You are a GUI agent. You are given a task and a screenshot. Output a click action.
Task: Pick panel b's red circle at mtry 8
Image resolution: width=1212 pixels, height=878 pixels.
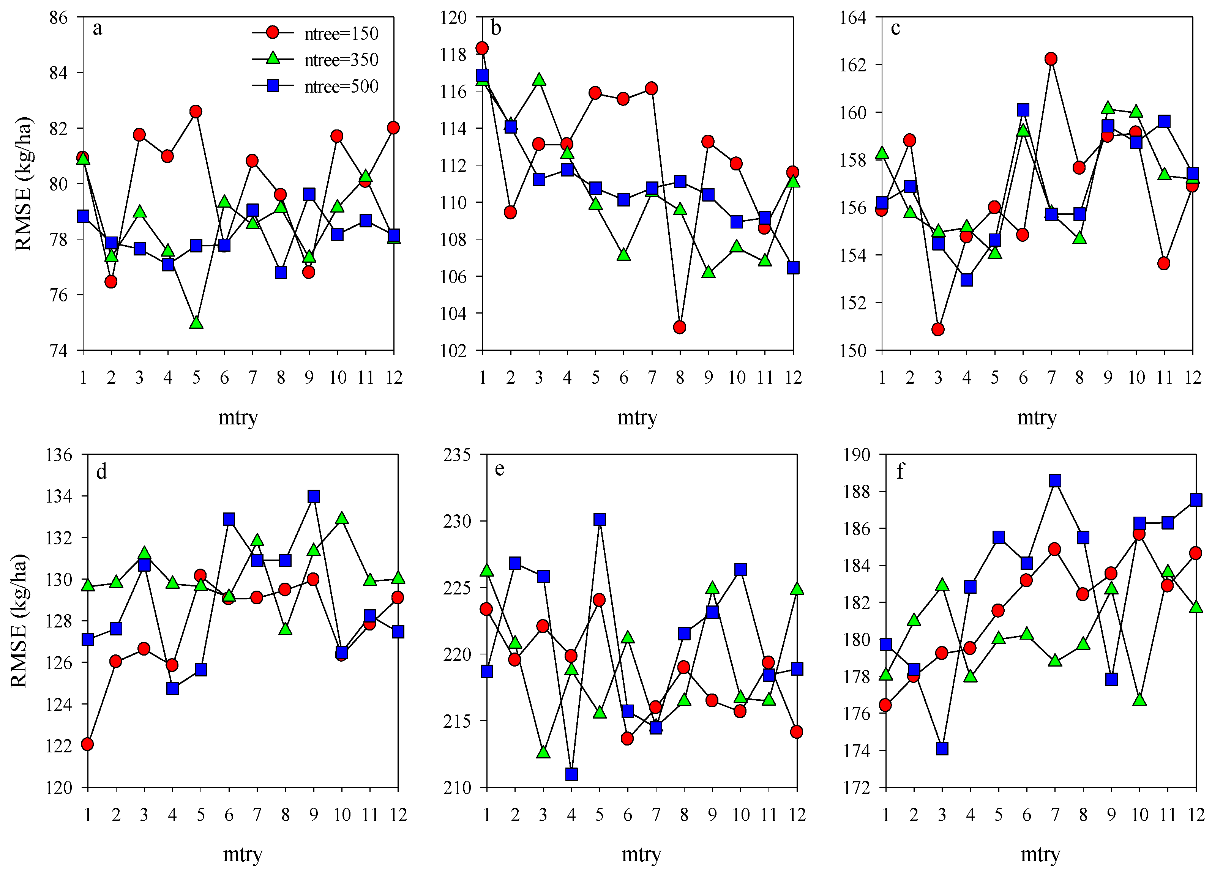point(680,327)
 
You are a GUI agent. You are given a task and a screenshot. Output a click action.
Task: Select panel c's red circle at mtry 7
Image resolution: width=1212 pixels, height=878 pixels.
point(1051,59)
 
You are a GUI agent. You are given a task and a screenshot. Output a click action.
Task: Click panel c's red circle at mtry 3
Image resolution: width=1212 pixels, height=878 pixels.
point(938,329)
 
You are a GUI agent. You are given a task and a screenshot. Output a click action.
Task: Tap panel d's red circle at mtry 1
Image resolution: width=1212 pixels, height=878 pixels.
point(88,744)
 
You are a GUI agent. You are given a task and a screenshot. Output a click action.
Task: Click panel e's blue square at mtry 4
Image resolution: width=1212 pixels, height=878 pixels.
point(571,774)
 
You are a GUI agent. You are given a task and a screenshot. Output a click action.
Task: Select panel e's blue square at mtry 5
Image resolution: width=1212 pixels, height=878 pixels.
point(600,519)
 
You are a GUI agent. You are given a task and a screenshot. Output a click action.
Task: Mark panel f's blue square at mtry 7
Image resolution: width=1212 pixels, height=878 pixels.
point(1055,481)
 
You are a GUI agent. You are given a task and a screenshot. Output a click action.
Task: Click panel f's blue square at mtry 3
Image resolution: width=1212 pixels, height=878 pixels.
point(942,749)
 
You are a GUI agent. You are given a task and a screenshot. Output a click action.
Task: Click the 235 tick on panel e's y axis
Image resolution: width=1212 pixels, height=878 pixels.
point(457,455)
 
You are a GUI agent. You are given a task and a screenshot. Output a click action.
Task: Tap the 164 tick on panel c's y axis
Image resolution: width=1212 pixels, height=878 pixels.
point(853,17)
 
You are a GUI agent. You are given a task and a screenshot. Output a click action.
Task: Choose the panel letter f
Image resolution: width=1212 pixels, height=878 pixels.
point(900,471)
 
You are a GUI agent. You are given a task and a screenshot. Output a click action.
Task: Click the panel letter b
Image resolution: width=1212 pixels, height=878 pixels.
point(496,28)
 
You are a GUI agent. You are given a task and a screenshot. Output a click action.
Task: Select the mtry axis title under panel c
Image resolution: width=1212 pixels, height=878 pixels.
point(1037,417)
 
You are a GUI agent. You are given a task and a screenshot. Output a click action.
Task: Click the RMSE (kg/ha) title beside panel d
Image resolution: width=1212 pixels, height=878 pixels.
point(19,620)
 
